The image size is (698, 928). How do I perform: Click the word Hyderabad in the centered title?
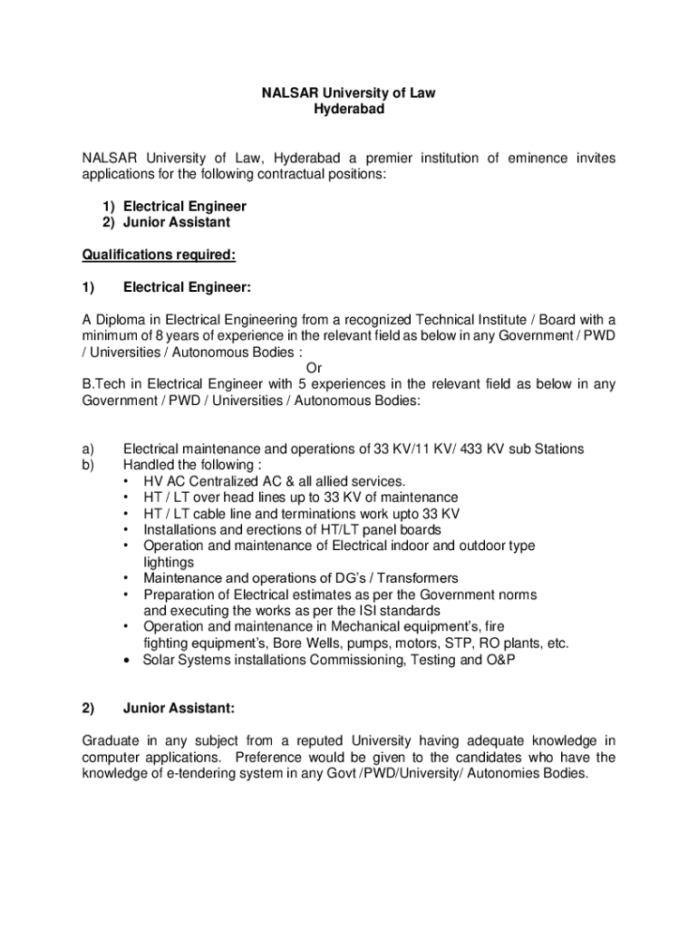point(349,110)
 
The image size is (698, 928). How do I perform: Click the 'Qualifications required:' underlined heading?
point(160,255)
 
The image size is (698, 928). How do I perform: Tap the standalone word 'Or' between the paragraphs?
point(314,368)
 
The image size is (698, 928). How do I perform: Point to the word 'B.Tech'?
point(101,384)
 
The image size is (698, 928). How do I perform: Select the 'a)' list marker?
point(88,449)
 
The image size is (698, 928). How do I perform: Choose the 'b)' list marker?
point(88,465)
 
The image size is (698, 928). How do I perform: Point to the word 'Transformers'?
point(416,578)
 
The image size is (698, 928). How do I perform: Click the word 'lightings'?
point(169,562)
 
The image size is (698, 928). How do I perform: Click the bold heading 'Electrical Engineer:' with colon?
point(187,288)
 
